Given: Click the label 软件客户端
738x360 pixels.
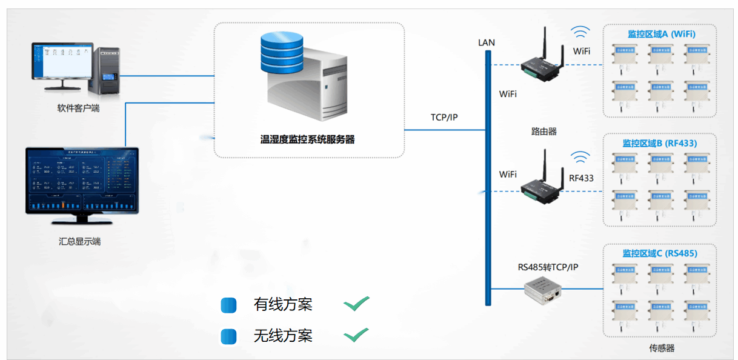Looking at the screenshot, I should (78, 108).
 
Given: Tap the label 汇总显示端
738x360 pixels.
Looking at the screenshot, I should (79, 242).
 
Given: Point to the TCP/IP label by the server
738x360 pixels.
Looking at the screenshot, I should (444, 117).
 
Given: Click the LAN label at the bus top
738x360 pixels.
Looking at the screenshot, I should (487, 42).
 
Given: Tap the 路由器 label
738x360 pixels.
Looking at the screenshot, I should (544, 131).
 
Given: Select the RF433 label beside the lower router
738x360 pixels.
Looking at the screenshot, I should (581, 178).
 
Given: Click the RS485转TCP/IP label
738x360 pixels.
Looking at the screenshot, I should (548, 267).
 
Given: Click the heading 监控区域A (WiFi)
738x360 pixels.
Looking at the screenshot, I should (661, 35).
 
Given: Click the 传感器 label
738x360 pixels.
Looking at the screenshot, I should (662, 348).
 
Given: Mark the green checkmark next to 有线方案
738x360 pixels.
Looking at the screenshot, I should (356, 303).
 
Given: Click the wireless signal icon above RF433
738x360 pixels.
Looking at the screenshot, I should (581, 158).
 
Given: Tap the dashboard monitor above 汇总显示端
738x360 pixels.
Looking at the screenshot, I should (82, 181).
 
